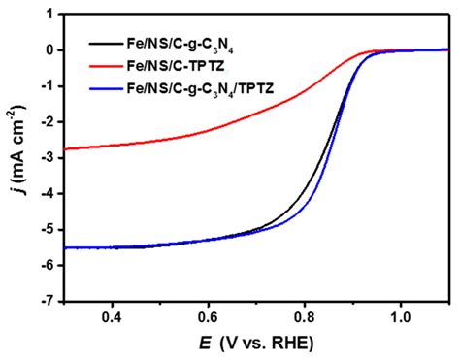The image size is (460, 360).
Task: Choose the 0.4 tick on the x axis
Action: [113, 317]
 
